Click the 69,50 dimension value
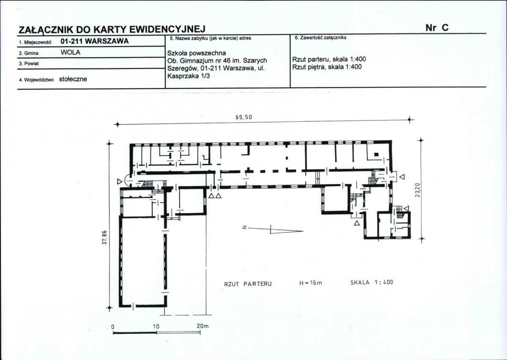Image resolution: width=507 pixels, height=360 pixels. pyautogui.click(x=244, y=117)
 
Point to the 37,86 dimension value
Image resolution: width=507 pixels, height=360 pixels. pyautogui.click(x=104, y=238)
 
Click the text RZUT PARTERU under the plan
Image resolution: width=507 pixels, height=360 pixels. pyautogui.click(x=248, y=284)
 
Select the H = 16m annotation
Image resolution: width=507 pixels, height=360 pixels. pyautogui.click(x=311, y=283)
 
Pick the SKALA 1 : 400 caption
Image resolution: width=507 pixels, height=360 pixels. pyautogui.click(x=372, y=282)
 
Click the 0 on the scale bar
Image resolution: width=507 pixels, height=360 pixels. pyautogui.click(x=113, y=327)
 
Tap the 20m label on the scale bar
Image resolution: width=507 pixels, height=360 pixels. pyautogui.click(x=203, y=326)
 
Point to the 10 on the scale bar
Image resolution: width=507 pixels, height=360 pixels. pyautogui.click(x=156, y=326)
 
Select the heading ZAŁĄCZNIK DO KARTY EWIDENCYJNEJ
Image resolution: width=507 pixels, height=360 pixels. pyautogui.click(x=112, y=30)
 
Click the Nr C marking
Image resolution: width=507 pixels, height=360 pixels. pyautogui.click(x=437, y=28)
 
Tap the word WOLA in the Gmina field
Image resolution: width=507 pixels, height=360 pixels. pyautogui.click(x=70, y=52)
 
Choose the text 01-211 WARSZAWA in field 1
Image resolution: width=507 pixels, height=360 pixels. pyautogui.click(x=94, y=41)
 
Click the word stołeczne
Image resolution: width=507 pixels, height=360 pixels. pyautogui.click(x=73, y=79)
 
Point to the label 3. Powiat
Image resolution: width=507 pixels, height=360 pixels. pyautogui.click(x=29, y=64)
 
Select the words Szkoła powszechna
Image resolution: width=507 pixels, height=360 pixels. pyautogui.click(x=197, y=53)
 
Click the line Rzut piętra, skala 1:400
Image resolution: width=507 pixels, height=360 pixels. pyautogui.click(x=327, y=67)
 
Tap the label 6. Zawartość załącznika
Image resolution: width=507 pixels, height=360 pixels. pyautogui.click(x=320, y=38)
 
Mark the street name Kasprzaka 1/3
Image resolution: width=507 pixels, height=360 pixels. pyautogui.click(x=186, y=76)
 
